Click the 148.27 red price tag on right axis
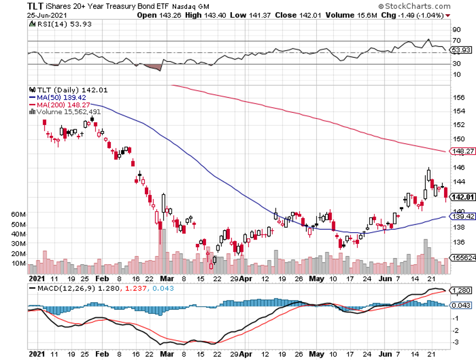coord(462,151)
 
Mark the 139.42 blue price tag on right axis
coord(462,217)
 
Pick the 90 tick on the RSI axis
coord(457,29)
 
